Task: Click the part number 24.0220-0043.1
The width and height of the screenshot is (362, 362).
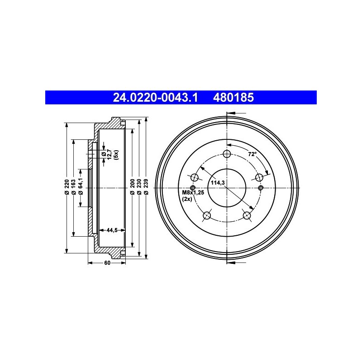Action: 155,97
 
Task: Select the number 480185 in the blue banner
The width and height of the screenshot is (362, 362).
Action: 233,97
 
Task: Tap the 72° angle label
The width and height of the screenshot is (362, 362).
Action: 252,154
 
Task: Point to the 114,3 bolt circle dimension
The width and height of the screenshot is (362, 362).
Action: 218,183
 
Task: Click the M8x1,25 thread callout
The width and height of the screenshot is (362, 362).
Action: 193,192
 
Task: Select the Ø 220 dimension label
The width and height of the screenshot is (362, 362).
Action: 67,186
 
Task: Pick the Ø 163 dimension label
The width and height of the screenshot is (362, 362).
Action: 74,186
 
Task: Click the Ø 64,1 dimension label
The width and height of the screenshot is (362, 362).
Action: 81,186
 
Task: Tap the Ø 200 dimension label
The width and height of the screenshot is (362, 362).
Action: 132,186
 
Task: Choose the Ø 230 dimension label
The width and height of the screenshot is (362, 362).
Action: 139,186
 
